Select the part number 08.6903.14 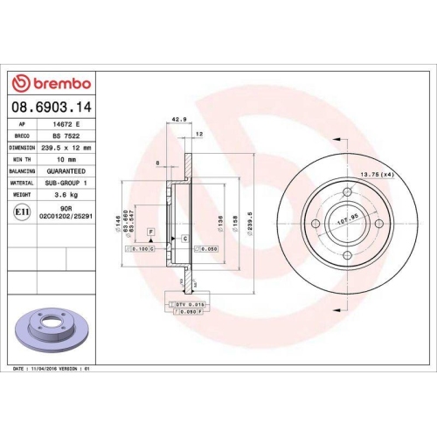pos(52,108)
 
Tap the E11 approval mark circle pos(21,211)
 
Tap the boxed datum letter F pos(150,231)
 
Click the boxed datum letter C pos(185,238)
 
